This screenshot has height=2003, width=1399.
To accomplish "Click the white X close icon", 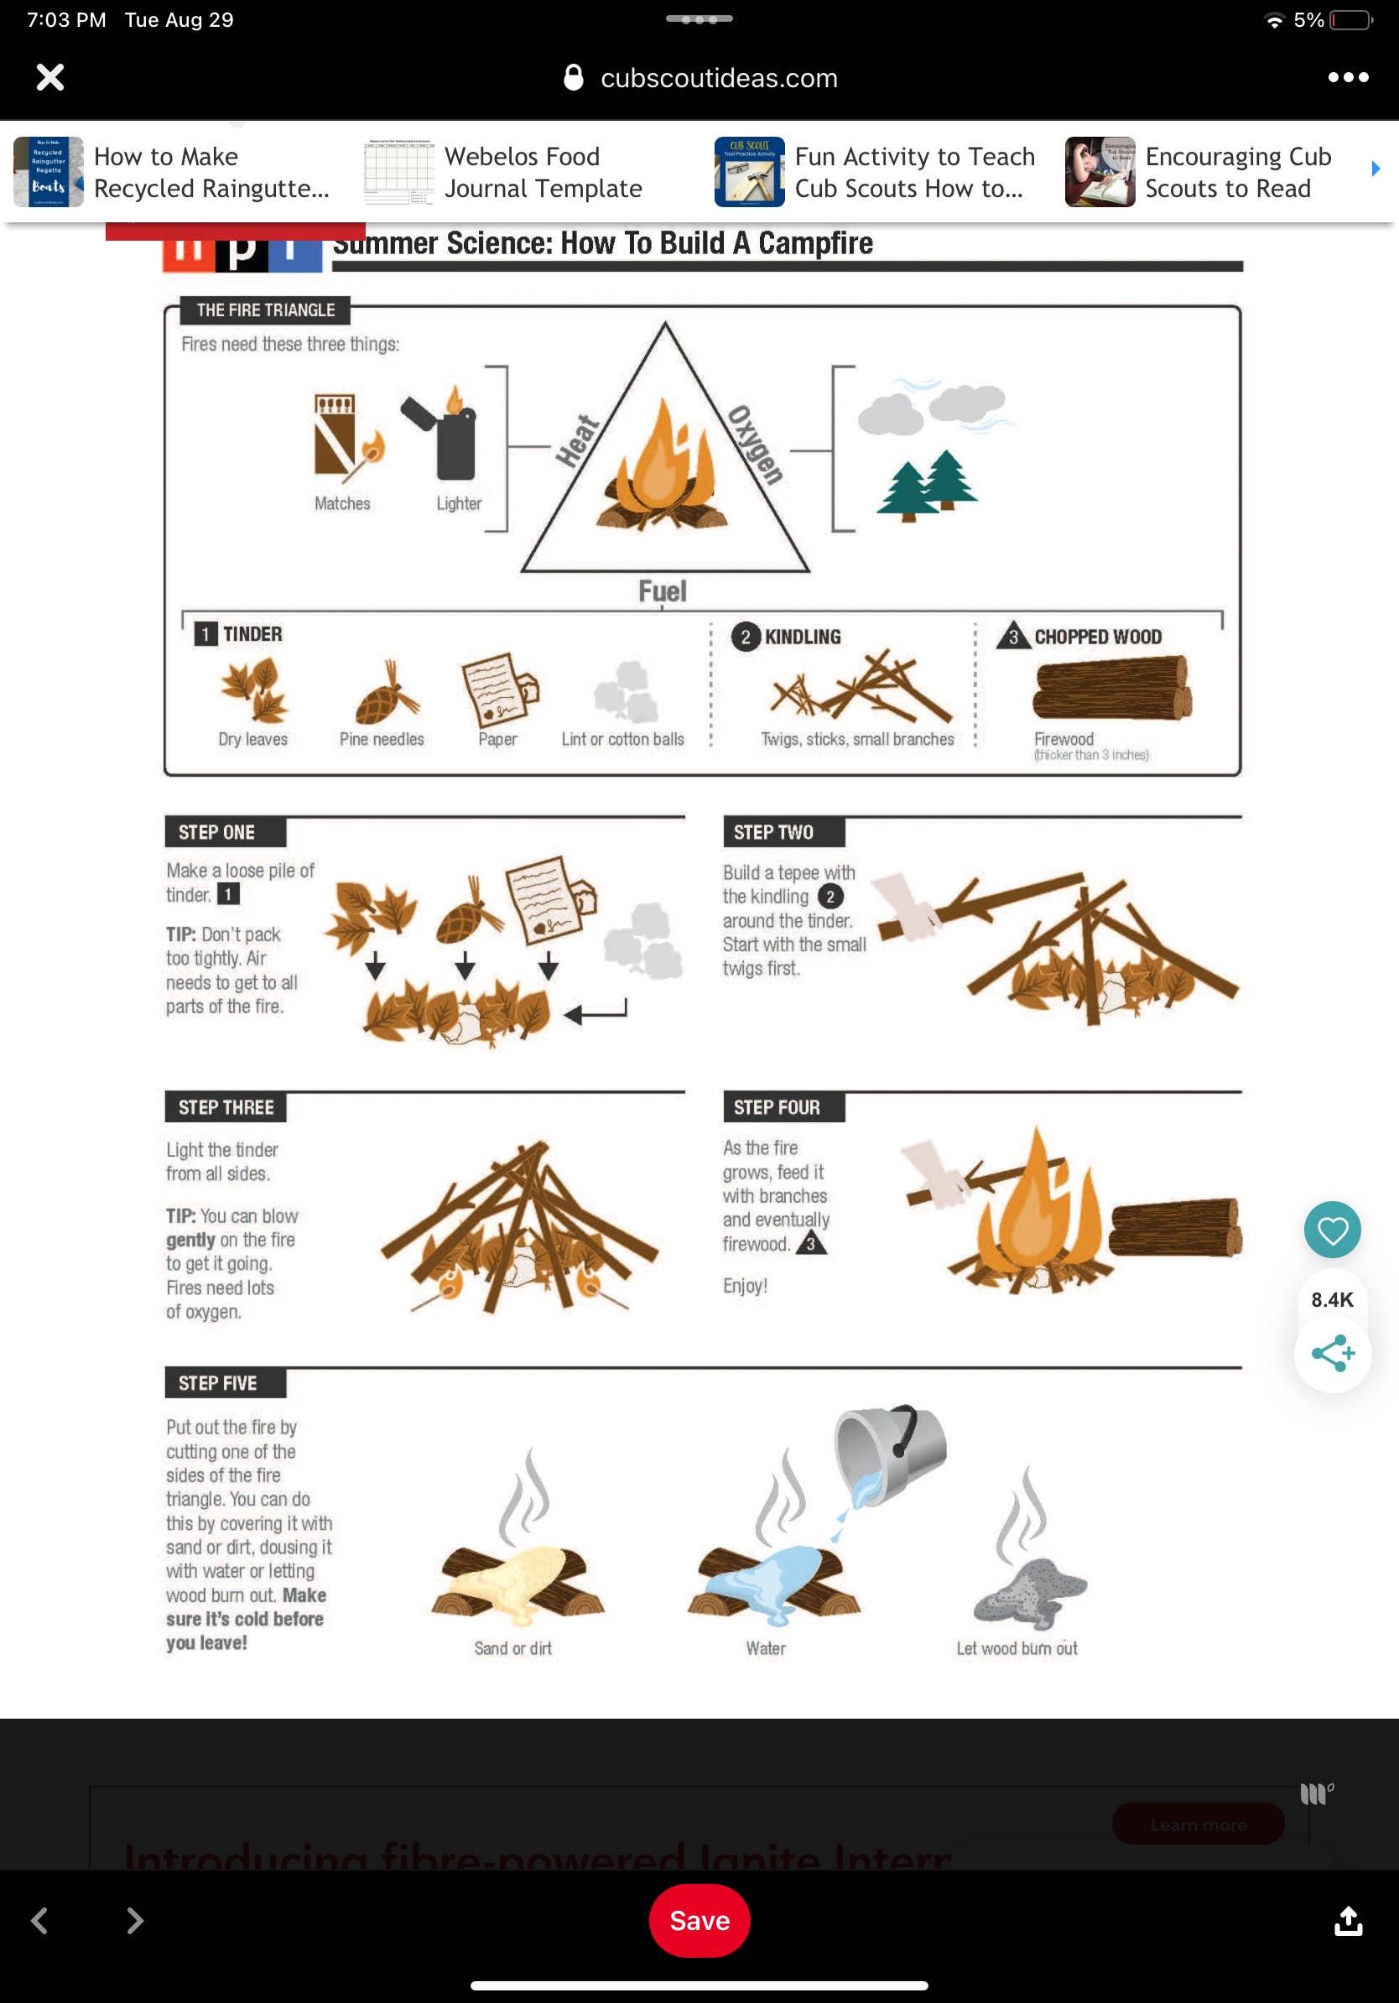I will pyautogui.click(x=49, y=78).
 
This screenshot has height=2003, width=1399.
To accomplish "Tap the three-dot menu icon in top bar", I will pyautogui.click(x=1347, y=78).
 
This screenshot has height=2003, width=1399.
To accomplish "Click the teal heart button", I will pyautogui.click(x=1331, y=1229).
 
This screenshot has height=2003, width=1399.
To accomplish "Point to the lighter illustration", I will pyautogui.click(x=445, y=436).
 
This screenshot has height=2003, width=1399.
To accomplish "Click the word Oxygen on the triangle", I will pyautogui.click(x=757, y=445).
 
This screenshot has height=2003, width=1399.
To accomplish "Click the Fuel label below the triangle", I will pyautogui.click(x=662, y=591).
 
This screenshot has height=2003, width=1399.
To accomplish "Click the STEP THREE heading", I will pyautogui.click(x=226, y=1107).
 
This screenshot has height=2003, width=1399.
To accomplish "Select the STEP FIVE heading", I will pyautogui.click(x=217, y=1383).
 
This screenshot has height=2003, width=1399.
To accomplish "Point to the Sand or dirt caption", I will pyautogui.click(x=512, y=1648).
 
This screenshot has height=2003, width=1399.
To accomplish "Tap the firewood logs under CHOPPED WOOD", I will pyautogui.click(x=1111, y=689).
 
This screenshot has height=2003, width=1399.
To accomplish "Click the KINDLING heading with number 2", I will pyautogui.click(x=788, y=637).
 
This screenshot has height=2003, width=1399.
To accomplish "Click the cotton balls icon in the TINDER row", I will pyautogui.click(x=627, y=691).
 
